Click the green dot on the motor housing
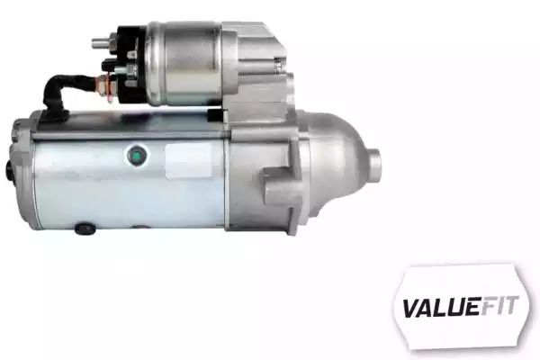click(x=137, y=155)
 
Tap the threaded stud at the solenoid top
click(x=101, y=42)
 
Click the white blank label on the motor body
click(x=188, y=160)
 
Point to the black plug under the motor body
click(x=85, y=228)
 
